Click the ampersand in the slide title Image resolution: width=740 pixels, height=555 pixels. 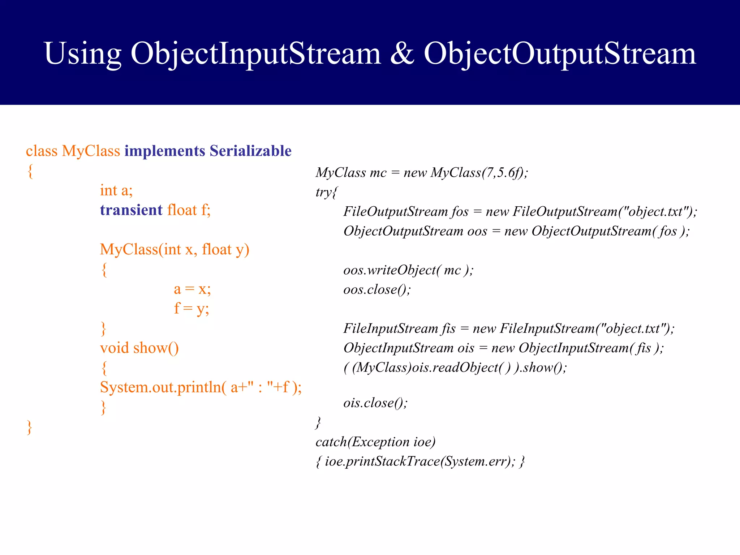click(402, 53)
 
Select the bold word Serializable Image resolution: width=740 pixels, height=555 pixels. click(250, 151)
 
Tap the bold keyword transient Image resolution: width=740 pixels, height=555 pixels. click(131, 210)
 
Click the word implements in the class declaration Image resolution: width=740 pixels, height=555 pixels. click(164, 151)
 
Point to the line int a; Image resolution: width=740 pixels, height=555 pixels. click(116, 190)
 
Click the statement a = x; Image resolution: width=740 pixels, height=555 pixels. click(192, 289)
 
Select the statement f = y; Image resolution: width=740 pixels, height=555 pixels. click(192, 309)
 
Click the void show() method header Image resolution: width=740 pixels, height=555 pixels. click(139, 348)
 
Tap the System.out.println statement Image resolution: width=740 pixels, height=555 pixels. click(201, 387)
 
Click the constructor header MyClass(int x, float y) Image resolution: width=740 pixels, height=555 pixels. click(175, 249)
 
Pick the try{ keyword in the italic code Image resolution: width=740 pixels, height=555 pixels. click(326, 192)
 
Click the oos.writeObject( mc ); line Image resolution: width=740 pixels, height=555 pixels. click(408, 270)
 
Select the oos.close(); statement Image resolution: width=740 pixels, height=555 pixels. click(377, 289)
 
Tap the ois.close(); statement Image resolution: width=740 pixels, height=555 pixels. click(375, 403)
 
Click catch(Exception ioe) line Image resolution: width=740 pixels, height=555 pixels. click(375, 442)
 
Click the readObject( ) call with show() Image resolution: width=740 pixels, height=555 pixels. click(455, 367)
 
